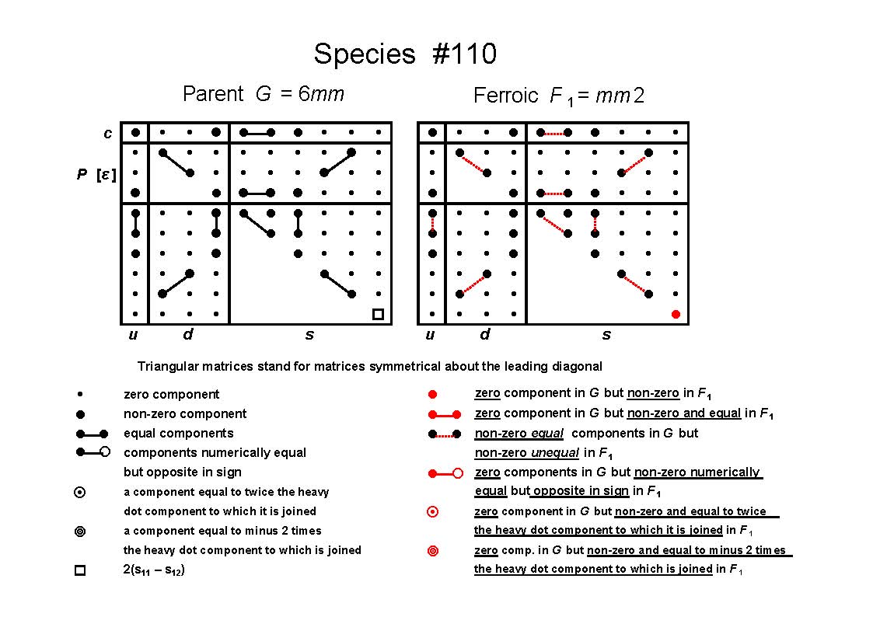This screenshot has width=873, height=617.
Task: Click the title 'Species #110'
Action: coord(405,54)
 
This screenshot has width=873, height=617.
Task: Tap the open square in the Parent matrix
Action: coord(378,315)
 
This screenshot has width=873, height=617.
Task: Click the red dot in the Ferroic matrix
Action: coord(676,315)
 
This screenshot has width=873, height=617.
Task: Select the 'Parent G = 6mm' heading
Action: coord(264,93)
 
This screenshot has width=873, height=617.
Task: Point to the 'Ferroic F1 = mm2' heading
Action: coord(559,96)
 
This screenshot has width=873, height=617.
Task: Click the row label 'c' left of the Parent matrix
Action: coord(107,134)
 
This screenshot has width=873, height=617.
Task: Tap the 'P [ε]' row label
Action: coord(96,175)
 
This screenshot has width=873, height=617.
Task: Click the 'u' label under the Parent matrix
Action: coord(133,334)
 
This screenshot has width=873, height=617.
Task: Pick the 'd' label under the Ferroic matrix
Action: coord(485,334)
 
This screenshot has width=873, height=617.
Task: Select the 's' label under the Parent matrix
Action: coord(309,335)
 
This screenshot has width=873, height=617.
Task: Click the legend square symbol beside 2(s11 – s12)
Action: coord(80,570)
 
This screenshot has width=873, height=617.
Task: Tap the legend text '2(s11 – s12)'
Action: coord(154,570)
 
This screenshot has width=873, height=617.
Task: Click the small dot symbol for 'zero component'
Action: coord(80,394)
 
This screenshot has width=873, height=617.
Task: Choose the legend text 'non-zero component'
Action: coord(185,414)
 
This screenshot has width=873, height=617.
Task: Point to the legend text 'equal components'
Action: coord(179,434)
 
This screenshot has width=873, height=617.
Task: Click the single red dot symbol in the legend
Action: coord(432,395)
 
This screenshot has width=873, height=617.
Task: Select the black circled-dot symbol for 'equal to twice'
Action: coord(80,493)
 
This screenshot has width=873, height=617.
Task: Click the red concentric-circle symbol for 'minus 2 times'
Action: coord(432,551)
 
